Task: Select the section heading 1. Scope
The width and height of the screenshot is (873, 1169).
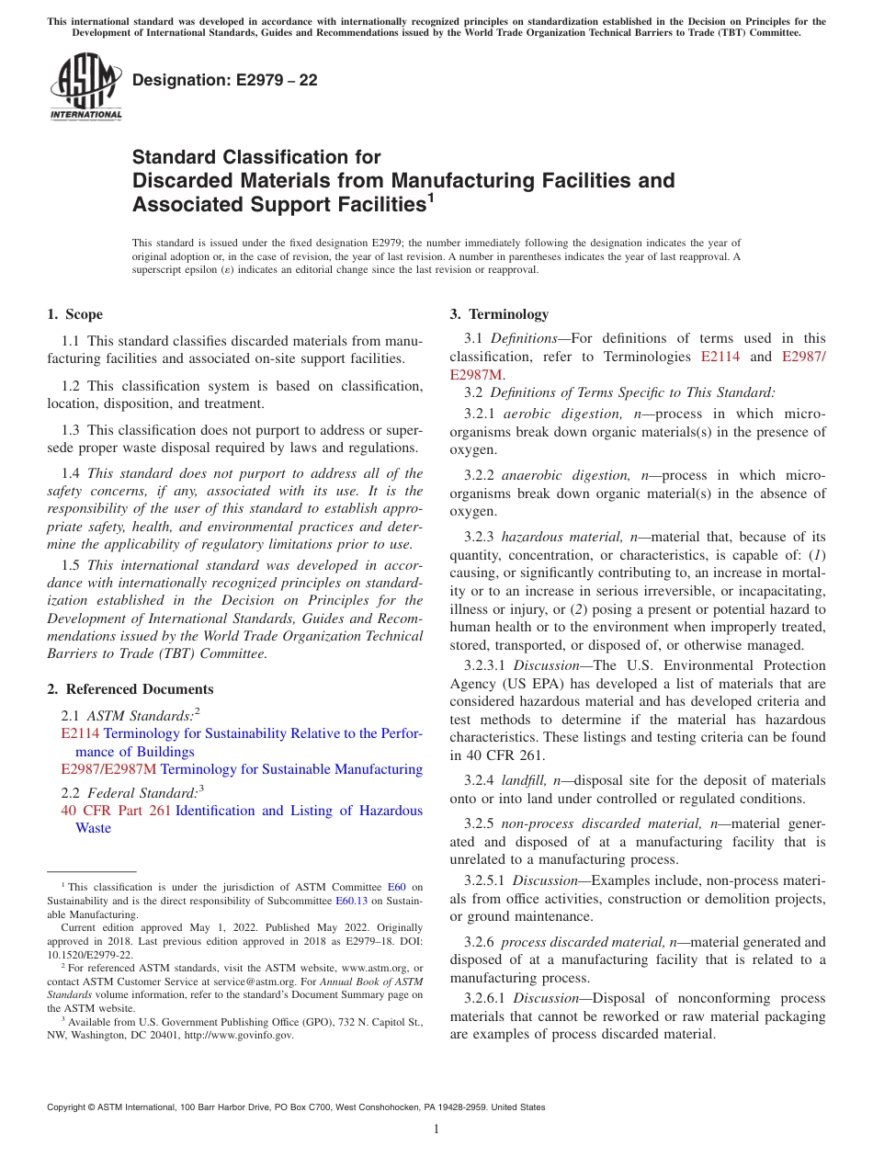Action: point(75,314)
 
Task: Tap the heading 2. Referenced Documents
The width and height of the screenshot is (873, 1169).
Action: point(130,689)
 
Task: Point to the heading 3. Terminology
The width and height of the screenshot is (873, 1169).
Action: point(499,314)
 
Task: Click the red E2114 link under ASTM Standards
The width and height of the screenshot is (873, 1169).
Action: point(80,733)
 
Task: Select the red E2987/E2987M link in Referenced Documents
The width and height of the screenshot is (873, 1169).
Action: point(108,769)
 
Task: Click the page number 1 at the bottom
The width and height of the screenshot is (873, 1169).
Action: point(436,1129)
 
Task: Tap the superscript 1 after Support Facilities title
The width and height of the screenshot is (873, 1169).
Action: point(430,198)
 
